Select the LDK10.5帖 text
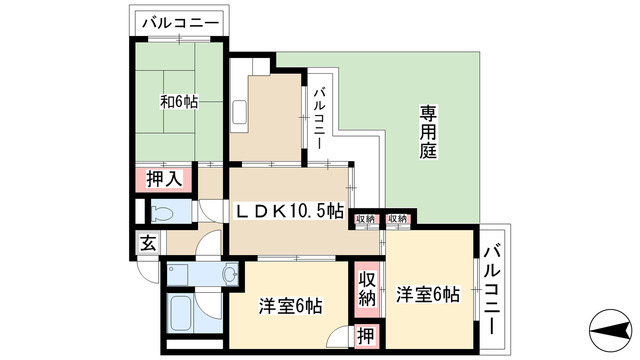290,212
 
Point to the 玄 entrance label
147,242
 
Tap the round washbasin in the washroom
229,273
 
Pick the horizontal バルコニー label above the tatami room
179,20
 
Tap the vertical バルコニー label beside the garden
318,119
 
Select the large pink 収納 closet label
367,287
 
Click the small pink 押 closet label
367,337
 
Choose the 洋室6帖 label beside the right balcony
426,295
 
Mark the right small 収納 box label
398,219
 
